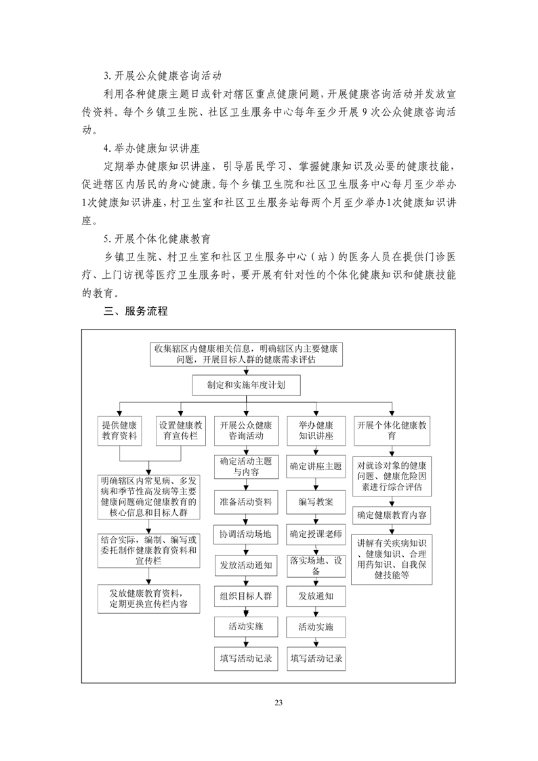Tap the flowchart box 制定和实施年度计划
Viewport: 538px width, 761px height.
[247, 385]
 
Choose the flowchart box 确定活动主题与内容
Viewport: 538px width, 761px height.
[246, 465]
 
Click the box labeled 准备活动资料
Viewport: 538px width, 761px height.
[246, 502]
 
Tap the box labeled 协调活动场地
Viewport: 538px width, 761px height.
[246, 534]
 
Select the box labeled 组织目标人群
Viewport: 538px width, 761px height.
[246, 597]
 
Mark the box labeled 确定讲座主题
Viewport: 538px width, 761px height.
[316, 466]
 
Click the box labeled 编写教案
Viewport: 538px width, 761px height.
[316, 502]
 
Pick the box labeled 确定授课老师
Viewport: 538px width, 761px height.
[316, 534]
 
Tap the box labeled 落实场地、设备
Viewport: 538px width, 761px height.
[316, 565]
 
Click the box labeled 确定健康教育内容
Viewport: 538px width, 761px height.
[392, 515]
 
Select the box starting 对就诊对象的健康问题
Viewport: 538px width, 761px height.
[392, 476]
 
